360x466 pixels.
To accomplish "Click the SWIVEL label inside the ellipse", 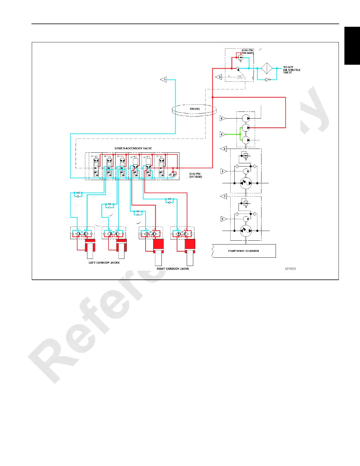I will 195,109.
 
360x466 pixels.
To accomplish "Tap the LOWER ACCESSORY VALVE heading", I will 133,148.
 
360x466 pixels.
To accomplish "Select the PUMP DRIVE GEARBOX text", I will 244,251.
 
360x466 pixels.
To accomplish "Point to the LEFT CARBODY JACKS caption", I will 104,262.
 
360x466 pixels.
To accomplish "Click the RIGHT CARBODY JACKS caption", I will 173,269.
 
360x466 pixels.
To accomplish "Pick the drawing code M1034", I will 290,269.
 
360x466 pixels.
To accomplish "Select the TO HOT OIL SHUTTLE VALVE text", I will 291,70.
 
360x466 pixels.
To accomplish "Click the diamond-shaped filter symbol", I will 267,68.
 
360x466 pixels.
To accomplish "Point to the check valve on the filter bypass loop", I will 267,79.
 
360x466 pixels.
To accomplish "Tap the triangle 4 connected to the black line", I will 223,119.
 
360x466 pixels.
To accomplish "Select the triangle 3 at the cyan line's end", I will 164,79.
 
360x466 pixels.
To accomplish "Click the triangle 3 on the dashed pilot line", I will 219,77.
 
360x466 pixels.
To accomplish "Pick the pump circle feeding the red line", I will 246,128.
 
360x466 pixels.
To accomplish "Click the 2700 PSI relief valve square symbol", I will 241,58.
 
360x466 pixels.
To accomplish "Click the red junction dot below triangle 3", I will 213,97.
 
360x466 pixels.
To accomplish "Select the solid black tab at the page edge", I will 352,46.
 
